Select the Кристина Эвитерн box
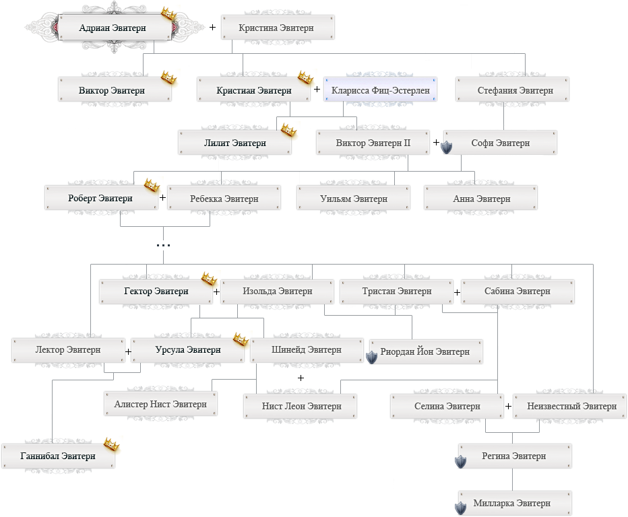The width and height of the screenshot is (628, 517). point(278,28)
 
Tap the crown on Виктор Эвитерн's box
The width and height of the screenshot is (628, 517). point(168,77)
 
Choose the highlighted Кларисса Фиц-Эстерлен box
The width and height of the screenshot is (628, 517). point(380,90)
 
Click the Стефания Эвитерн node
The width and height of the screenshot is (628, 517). point(512,90)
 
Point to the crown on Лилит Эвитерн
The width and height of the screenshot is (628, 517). point(288,130)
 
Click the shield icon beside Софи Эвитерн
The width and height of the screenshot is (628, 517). point(447,147)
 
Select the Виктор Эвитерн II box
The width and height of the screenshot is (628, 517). point(373,143)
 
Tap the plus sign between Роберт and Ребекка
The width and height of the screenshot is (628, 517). point(162,198)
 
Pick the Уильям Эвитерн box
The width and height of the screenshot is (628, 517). point(353,198)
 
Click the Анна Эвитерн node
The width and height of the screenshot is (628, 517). point(480,198)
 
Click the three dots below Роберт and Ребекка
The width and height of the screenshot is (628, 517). point(164,245)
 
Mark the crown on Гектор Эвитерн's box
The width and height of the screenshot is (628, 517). point(209,279)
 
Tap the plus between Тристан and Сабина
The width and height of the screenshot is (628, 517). point(457,293)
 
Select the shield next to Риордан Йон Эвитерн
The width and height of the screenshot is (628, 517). point(372,357)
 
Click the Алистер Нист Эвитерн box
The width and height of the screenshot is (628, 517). point(160,404)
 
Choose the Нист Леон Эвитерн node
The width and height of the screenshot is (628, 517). point(301,406)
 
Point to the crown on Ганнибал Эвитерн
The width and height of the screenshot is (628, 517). point(112,444)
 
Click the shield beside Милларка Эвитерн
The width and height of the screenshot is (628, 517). point(461,508)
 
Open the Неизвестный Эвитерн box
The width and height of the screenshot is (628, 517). point(569,406)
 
